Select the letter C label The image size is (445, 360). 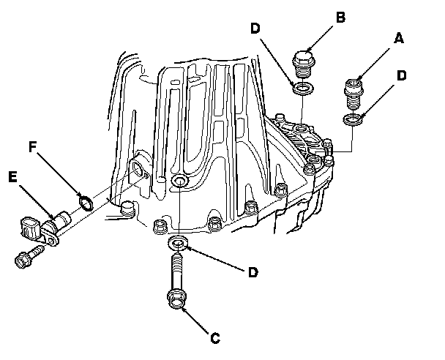(214, 337)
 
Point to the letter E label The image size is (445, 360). (12, 176)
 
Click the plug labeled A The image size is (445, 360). (354, 91)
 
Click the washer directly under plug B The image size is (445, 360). (301, 89)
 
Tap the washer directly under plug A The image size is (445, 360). (352, 119)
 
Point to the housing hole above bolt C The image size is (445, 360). (179, 181)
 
